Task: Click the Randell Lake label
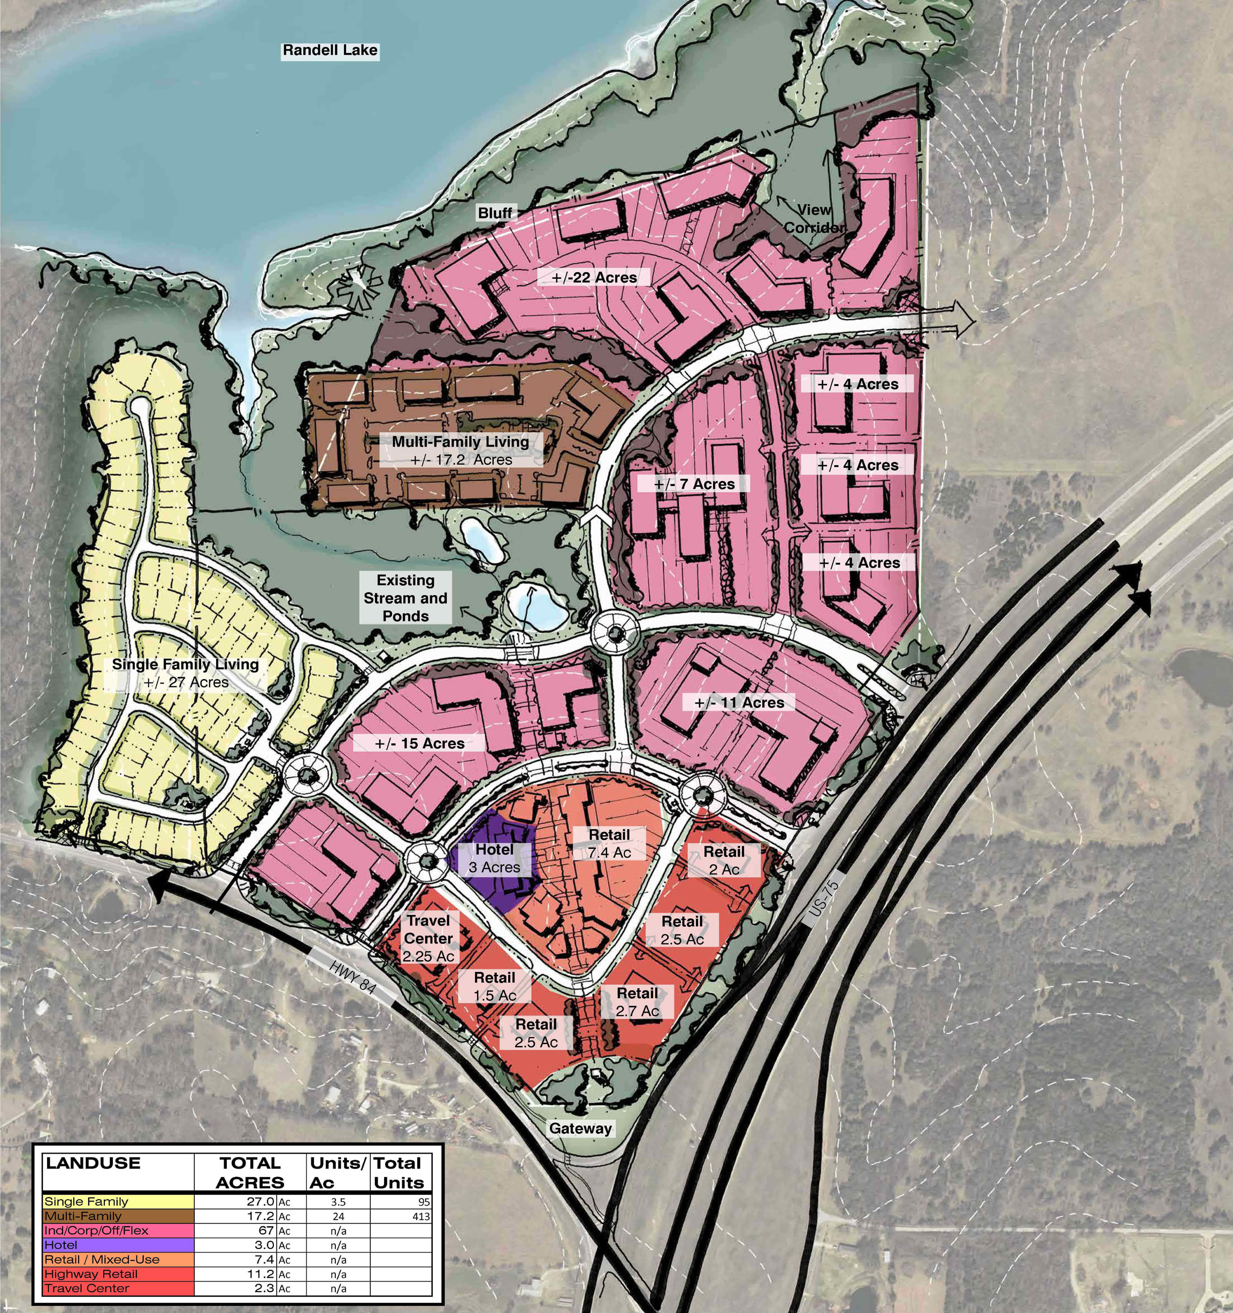click(x=330, y=50)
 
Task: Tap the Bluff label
click(x=495, y=213)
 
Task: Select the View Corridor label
click(x=814, y=219)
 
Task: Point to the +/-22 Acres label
click(x=594, y=278)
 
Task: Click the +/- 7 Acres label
click(x=694, y=484)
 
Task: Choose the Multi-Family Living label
click(x=461, y=450)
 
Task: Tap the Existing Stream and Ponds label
click(x=405, y=598)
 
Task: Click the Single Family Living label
click(x=186, y=673)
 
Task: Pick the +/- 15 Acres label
click(x=420, y=743)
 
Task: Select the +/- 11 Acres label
click(x=740, y=703)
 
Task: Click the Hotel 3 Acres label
click(x=495, y=858)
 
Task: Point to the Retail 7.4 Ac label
click(x=609, y=843)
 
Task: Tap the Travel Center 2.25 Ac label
click(x=428, y=938)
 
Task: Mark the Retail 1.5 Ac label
click(x=495, y=986)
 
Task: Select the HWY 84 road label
click(x=353, y=976)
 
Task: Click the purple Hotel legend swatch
click(x=119, y=1245)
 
